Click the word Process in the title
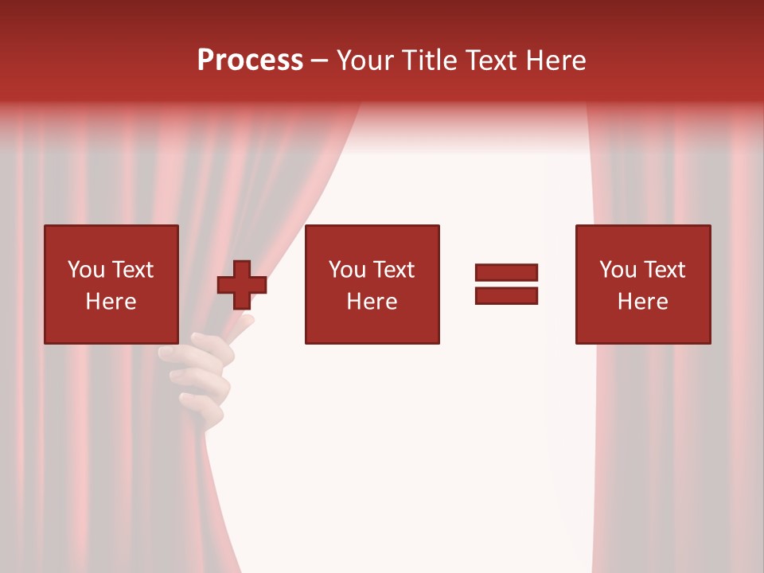[x=250, y=60]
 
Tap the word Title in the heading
[x=430, y=60]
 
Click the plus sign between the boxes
[x=242, y=285]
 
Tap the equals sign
[x=506, y=284]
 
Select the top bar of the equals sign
[x=506, y=273]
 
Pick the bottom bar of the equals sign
[x=506, y=295]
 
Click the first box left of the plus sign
[x=111, y=284]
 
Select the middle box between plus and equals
[x=372, y=284]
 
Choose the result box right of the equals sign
[x=642, y=284]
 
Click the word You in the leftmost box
[x=86, y=270]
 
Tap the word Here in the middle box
[x=372, y=302]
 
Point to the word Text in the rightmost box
[x=665, y=270]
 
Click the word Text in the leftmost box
[x=133, y=270]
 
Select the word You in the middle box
[x=347, y=270]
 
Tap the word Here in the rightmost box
[x=642, y=302]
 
